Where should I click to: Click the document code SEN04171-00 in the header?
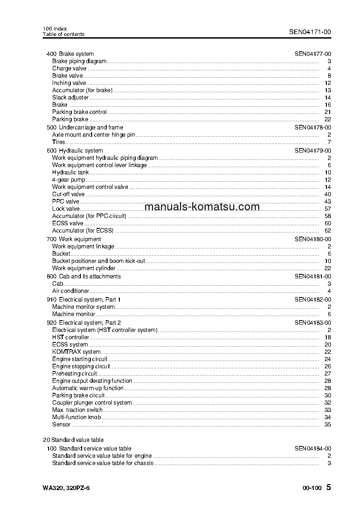point(310,32)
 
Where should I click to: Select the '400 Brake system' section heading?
point(70,54)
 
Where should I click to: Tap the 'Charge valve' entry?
point(69,69)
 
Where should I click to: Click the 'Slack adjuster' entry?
point(70,98)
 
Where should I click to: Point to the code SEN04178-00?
point(313,128)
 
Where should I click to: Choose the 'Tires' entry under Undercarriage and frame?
point(59,142)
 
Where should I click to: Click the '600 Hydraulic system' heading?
point(75,151)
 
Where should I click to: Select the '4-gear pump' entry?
point(69,180)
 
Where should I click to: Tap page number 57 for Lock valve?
point(328,209)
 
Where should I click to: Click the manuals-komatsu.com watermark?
point(202,207)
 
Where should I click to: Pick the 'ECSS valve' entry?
point(68,223)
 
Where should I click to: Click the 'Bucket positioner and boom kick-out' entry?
point(99,261)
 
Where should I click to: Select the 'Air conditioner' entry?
point(70,291)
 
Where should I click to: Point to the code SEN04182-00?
point(313,300)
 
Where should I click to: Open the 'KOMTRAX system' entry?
point(76,352)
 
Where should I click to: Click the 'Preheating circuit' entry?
point(74,374)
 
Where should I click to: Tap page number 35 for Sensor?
point(328,425)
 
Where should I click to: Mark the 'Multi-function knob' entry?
point(76,417)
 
